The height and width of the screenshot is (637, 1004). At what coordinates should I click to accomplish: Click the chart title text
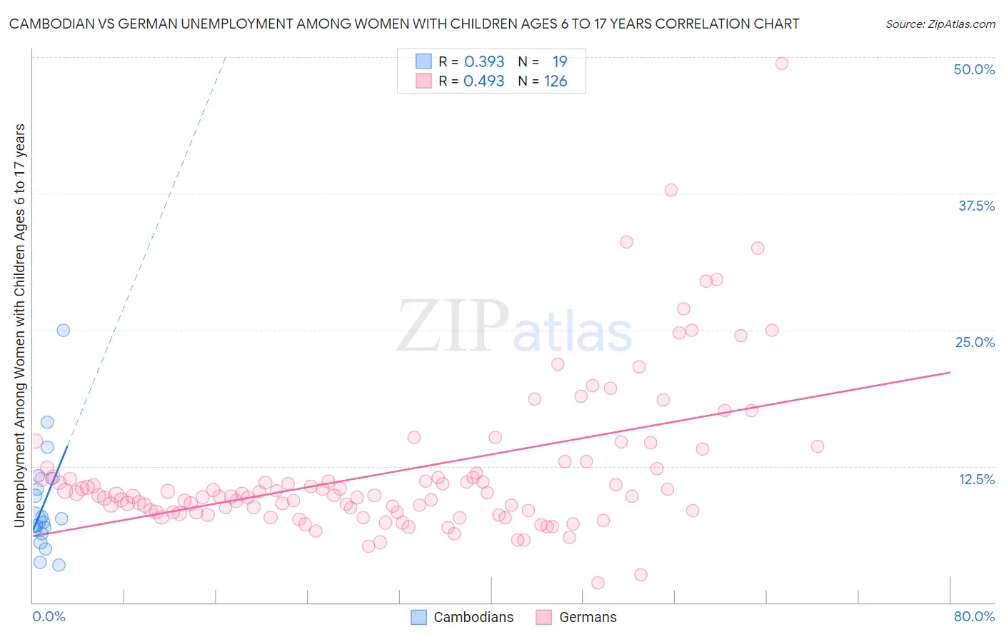click(x=404, y=24)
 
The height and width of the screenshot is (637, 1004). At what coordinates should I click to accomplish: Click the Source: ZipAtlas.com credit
click(x=940, y=24)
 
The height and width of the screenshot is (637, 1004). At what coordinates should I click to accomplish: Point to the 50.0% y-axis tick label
click(x=974, y=69)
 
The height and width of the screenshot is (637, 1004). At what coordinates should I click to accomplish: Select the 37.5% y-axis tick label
click(x=976, y=206)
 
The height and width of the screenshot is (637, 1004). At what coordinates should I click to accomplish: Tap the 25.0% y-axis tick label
click(x=975, y=342)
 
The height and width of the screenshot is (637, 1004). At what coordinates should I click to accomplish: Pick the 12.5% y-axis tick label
click(x=976, y=479)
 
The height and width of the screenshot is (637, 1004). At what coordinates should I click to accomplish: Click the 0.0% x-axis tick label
click(x=49, y=616)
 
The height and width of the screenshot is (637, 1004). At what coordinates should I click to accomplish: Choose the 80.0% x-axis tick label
click(x=974, y=616)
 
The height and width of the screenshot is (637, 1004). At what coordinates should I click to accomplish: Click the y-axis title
click(x=20, y=326)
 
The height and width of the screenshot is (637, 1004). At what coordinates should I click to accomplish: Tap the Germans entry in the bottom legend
click(x=587, y=617)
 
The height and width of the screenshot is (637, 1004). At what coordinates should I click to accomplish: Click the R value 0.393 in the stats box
click(x=484, y=62)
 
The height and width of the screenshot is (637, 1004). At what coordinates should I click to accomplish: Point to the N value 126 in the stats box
click(x=556, y=81)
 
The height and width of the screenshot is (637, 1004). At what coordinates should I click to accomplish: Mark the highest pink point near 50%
click(x=781, y=64)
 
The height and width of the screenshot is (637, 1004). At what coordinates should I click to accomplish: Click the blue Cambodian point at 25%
click(x=63, y=330)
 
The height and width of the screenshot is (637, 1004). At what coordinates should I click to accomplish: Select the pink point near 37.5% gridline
click(x=671, y=190)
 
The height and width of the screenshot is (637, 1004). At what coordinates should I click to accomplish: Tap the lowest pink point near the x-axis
click(x=598, y=583)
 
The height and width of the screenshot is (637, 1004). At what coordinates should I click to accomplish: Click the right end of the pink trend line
click(x=950, y=372)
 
